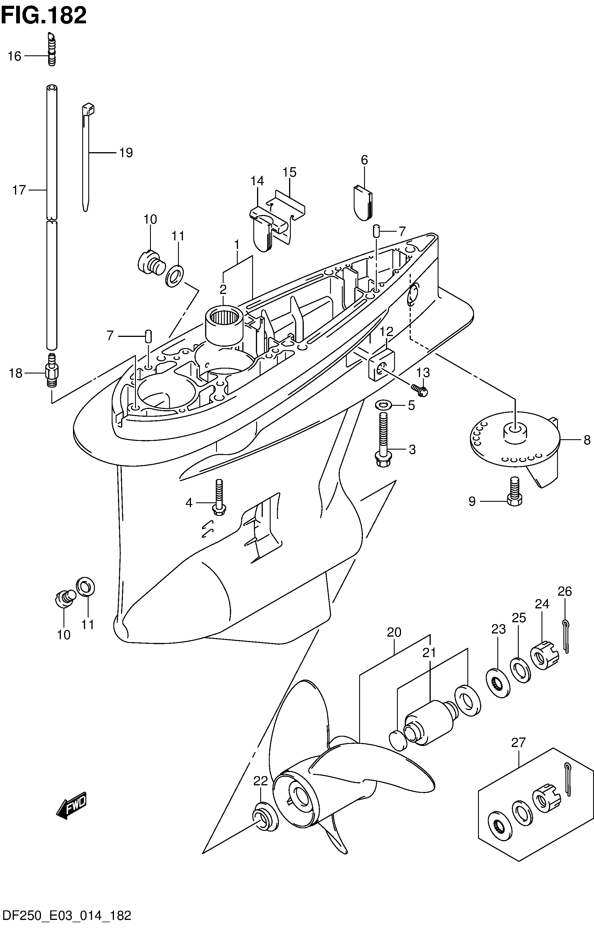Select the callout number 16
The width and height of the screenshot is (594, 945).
click(14, 56)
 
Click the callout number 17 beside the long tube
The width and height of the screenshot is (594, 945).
click(19, 190)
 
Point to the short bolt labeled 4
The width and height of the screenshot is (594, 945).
click(218, 497)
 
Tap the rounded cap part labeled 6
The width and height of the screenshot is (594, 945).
click(364, 202)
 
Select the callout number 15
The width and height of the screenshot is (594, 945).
click(290, 172)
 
